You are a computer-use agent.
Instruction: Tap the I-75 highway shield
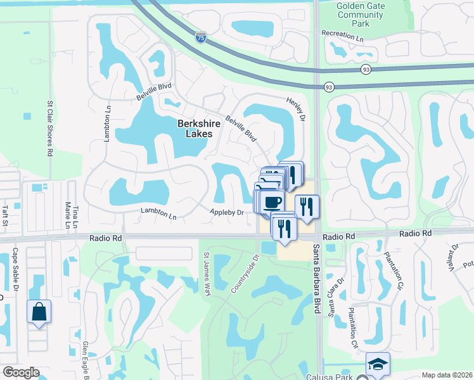coord(200,38)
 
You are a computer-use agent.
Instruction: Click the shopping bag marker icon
coord(39,312)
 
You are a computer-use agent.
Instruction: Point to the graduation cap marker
coord(378,364)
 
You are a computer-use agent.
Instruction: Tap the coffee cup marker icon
coord(272,201)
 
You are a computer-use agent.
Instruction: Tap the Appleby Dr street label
coord(227,212)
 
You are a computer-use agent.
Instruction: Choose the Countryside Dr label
coord(245,274)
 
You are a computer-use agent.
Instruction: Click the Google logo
coord(20,372)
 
